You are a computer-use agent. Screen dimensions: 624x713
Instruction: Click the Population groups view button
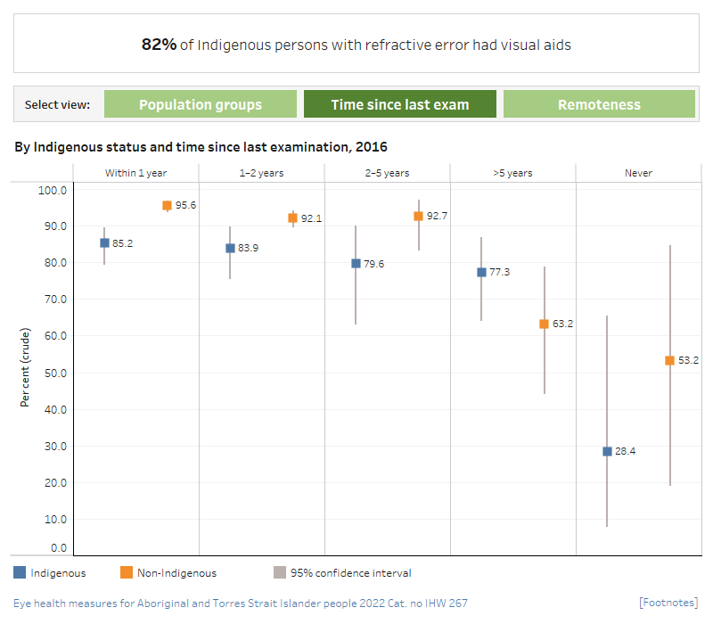pos(201,104)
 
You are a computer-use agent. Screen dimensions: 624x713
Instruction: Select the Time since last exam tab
pos(399,104)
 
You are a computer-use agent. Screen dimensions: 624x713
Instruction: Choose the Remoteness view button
pos(599,104)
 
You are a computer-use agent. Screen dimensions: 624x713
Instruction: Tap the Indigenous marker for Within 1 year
pos(104,242)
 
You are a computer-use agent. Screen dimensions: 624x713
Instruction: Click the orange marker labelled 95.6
pos(167,205)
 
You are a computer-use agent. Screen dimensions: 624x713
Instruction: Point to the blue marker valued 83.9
pos(230,248)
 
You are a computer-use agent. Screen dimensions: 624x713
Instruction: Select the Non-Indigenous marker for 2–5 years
pos(418,216)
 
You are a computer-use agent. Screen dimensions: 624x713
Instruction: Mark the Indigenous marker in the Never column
pos(607,451)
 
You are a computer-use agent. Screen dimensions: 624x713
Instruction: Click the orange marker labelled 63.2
pos(544,324)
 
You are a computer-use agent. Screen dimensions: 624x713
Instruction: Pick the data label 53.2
pos(688,361)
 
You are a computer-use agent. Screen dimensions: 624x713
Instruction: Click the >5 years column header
pos(512,173)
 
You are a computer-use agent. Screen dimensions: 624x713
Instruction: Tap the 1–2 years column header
pos(260,173)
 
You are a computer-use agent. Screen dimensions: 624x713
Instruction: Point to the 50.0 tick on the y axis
pos(55,373)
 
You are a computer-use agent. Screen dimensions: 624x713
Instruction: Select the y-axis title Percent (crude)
pos(25,368)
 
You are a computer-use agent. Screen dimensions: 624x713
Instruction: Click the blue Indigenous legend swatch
pos(20,573)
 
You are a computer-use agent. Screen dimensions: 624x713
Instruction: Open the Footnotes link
pos(668,603)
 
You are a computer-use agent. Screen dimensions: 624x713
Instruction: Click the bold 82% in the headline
pos(159,44)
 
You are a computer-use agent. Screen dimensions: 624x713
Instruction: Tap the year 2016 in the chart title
pos(371,146)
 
